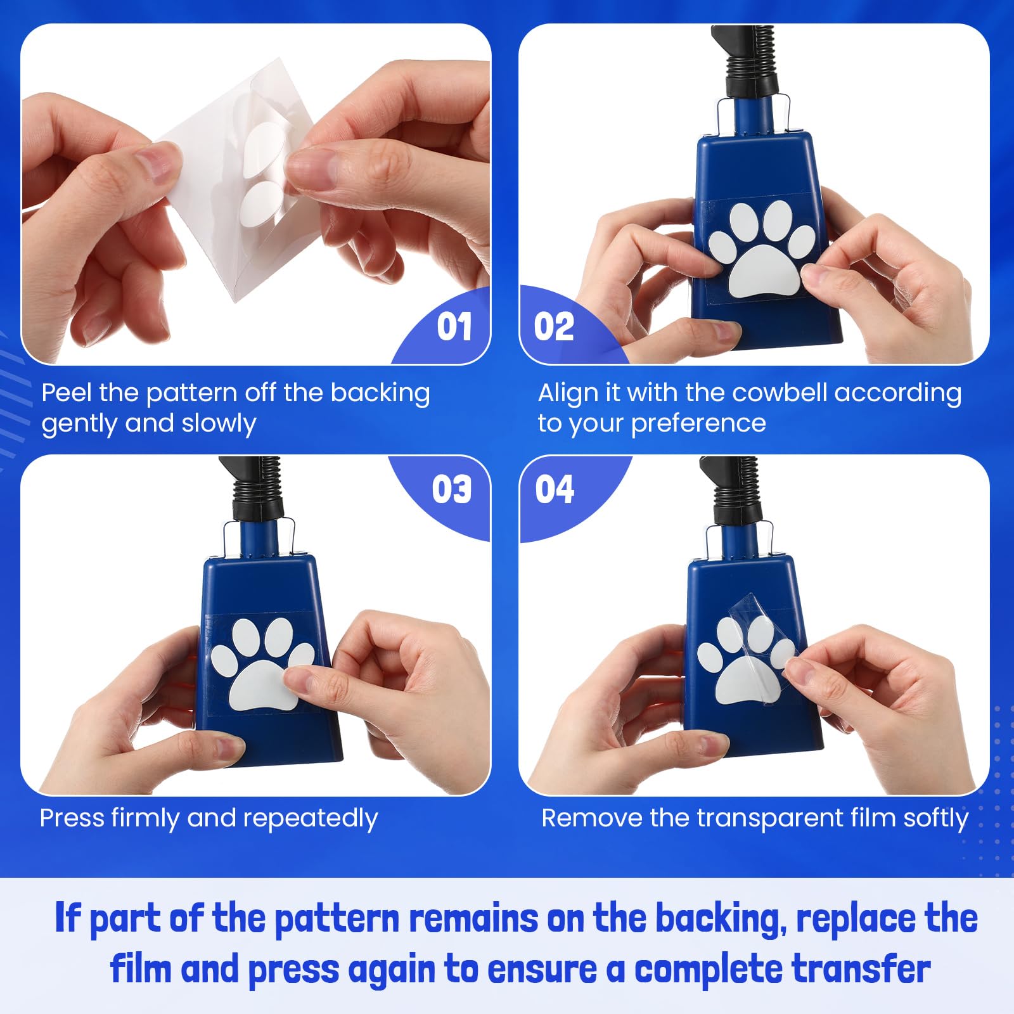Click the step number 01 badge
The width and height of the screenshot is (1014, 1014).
click(x=454, y=327)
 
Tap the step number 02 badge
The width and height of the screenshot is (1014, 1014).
click(x=554, y=327)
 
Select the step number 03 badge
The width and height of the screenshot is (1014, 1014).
click(x=452, y=489)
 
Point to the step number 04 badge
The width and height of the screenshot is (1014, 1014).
click(x=555, y=489)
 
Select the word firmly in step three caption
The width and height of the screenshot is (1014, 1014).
click(x=145, y=818)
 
